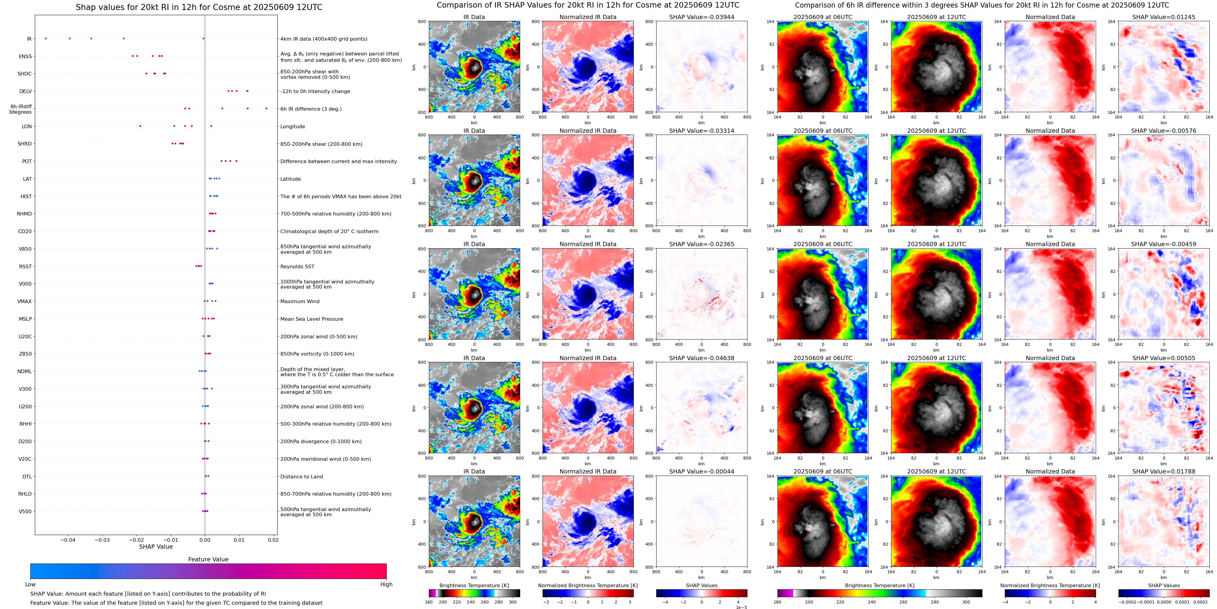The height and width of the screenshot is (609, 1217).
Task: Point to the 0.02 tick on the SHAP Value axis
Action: pos(273,540)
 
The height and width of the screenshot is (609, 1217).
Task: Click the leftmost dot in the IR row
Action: pos(46,38)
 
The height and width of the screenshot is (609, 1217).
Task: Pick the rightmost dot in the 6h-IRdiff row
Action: pos(266,109)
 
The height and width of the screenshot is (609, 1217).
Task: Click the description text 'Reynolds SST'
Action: pos(297,266)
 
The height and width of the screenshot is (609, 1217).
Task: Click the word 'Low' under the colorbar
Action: pos(30,584)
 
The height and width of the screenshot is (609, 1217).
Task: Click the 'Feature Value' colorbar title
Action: pos(208,559)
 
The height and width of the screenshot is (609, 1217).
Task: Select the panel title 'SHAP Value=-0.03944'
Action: pos(702,17)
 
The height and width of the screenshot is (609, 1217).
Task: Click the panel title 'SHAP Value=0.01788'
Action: pos(1164,471)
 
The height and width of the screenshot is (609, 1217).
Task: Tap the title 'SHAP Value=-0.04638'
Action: pos(702,358)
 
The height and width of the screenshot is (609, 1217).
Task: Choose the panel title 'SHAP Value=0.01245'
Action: pos(1164,17)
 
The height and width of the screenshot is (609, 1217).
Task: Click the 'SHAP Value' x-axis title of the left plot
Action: pos(156,547)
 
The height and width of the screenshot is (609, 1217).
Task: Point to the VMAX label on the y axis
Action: pos(25,301)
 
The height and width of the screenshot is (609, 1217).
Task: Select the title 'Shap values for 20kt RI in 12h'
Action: pos(199,7)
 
